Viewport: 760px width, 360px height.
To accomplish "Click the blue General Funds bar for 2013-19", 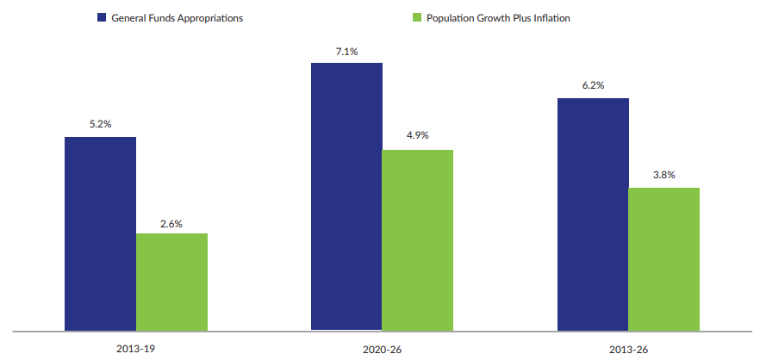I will pos(100,233).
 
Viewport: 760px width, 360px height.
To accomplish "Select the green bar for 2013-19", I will pos(171,282).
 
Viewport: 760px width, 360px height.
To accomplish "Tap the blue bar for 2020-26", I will pos(346,196).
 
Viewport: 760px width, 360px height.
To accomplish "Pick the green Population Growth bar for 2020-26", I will pos(417,239).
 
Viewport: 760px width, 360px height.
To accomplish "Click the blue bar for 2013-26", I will pos(593,214).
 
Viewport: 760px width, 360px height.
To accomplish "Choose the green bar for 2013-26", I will pos(663,258).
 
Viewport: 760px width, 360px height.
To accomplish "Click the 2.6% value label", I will pos(171,222).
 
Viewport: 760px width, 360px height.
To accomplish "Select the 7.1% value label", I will pos(346,52).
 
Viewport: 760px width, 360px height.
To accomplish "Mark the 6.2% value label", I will pos(593,86).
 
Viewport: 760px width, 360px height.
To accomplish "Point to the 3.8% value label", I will pos(663,176).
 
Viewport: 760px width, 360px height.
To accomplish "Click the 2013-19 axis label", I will pos(137,350).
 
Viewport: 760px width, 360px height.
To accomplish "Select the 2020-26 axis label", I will pos(382,350).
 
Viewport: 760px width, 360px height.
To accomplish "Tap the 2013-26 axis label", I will pos(628,350).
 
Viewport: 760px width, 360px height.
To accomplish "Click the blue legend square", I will pos(101,18).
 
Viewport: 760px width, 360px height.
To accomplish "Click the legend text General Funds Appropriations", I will pos(177,18).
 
